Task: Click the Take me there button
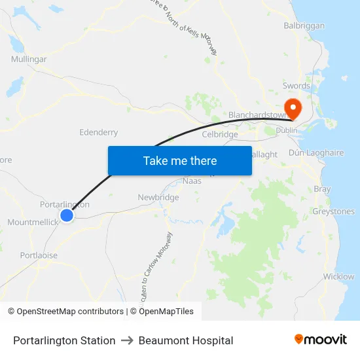[x=180, y=160]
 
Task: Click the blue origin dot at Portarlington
[x=67, y=215]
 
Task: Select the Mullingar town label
[x=29, y=59]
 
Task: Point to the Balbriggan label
[x=304, y=26]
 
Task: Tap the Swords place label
[x=296, y=86]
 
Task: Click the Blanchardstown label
[x=257, y=115]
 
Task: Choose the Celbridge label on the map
[x=220, y=134]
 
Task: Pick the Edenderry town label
[x=98, y=132]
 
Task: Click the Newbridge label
[x=158, y=197]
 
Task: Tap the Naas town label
[x=192, y=181]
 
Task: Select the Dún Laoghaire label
[x=316, y=153]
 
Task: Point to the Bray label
[x=322, y=189]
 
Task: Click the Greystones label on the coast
[x=333, y=211]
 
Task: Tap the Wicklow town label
[x=338, y=276]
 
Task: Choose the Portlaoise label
[x=39, y=255]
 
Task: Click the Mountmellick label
[x=33, y=223]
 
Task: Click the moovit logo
[x=321, y=340]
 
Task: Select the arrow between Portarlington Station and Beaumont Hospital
[x=127, y=340]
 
